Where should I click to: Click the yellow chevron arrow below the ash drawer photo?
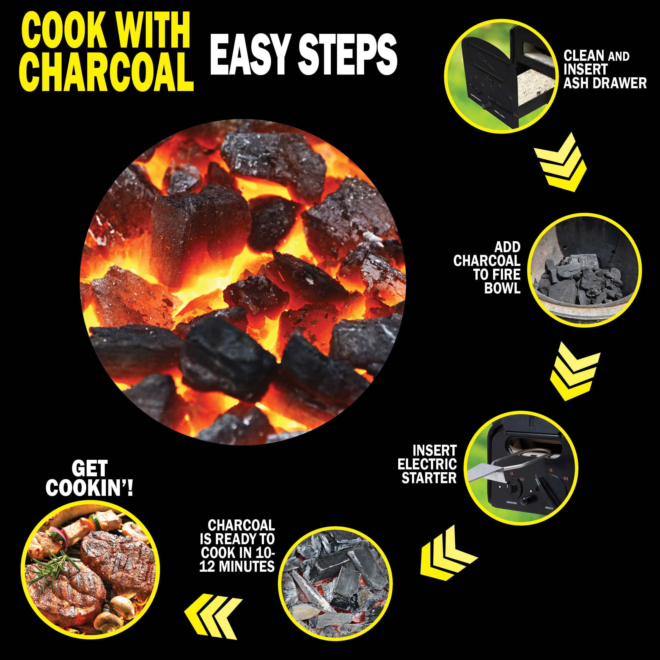pyautogui.click(x=560, y=162)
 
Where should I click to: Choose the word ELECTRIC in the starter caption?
pyautogui.click(x=427, y=464)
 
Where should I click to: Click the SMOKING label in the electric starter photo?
pyautogui.click(x=512, y=503)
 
